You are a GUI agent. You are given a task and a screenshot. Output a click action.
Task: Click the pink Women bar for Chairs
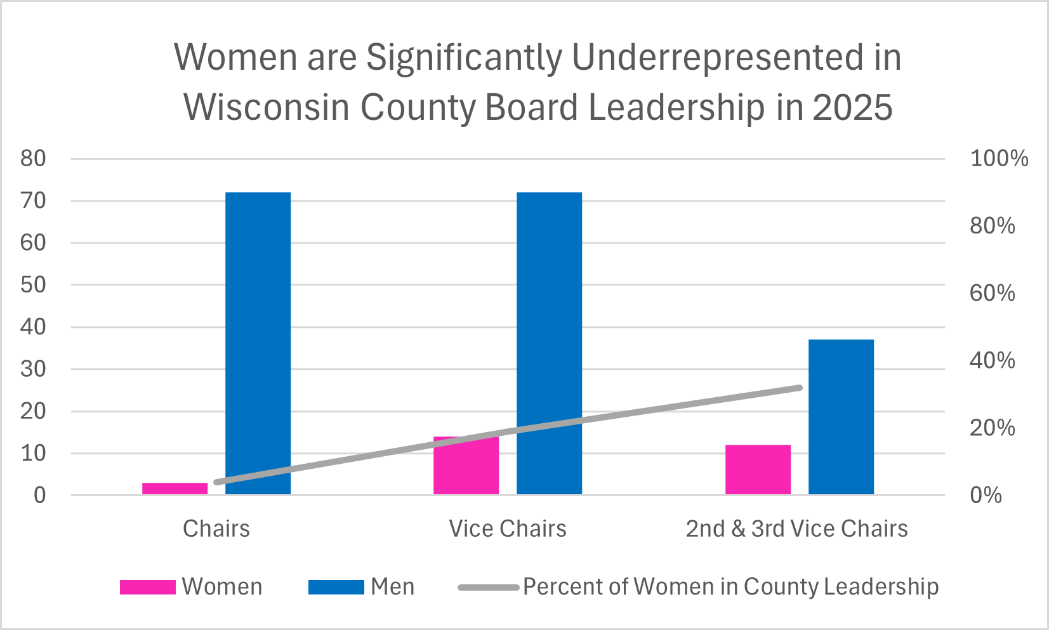point(175,489)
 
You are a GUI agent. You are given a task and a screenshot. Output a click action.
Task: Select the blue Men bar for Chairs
point(258,343)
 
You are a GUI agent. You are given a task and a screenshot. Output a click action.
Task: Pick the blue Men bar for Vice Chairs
point(549,343)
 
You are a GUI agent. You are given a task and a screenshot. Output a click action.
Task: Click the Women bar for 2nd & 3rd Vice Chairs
point(758,469)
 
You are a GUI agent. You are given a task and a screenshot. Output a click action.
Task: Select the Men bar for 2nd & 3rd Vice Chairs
point(841,417)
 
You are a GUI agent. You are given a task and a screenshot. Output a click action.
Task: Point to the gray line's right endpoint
point(799,388)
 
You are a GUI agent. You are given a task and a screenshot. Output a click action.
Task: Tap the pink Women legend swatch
point(147,587)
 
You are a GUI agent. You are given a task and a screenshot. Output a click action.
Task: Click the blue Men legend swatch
point(336,587)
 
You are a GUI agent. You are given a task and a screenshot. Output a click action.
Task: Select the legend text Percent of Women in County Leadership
point(730,587)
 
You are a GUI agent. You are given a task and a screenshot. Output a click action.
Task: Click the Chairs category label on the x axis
point(216,528)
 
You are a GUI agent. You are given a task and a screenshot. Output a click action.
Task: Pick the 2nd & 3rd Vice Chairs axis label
point(796,528)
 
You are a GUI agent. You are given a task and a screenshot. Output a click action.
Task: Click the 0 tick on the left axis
point(39,495)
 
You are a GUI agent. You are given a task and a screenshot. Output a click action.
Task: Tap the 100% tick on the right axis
point(998,159)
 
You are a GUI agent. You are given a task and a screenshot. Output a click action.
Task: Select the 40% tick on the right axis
point(992,360)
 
